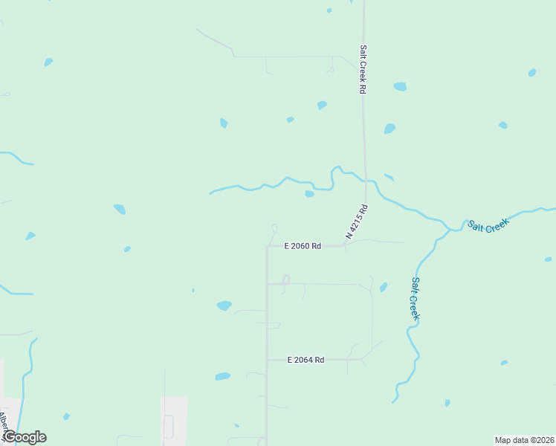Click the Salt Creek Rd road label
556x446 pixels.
(x=363, y=69)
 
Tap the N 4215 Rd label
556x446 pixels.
(x=357, y=222)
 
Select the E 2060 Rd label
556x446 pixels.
(x=303, y=246)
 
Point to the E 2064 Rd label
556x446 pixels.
(x=306, y=360)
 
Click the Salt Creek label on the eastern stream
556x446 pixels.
(x=488, y=225)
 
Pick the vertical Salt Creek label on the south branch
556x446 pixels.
(x=416, y=299)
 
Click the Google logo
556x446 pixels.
(x=25, y=437)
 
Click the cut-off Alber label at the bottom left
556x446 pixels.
(x=4, y=424)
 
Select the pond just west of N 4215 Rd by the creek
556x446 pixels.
(x=309, y=194)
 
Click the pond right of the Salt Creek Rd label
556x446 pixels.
(x=400, y=86)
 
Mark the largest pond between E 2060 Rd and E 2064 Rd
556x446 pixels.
(x=224, y=306)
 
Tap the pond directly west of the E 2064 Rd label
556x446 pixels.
(x=222, y=377)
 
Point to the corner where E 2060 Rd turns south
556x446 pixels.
(x=267, y=247)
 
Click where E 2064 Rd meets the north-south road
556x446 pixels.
(x=267, y=360)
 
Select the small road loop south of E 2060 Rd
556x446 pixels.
(x=285, y=279)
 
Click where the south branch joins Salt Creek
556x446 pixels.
(x=449, y=230)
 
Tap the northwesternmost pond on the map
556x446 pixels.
(x=48, y=62)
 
